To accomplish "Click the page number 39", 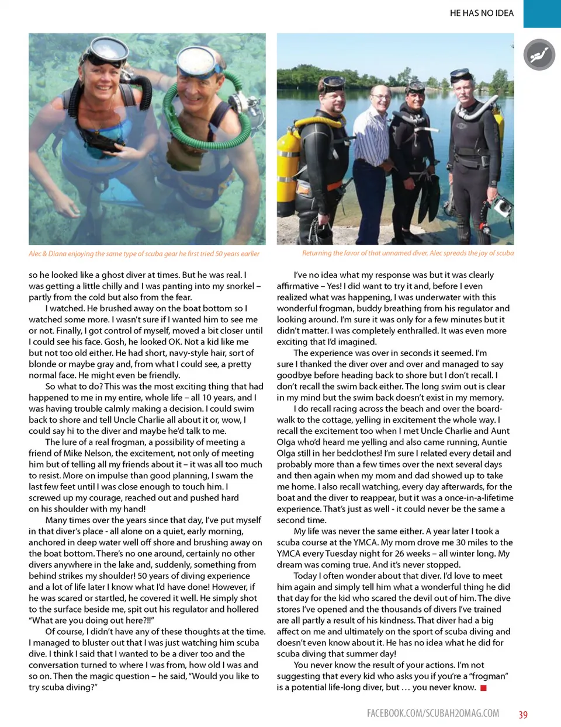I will point(523,714).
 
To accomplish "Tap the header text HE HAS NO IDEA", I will point(482,13).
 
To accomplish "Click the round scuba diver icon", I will point(539,55).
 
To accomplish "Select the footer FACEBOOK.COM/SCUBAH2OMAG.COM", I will point(433,713).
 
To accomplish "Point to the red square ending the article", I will point(483,688).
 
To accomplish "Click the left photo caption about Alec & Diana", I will point(144,253).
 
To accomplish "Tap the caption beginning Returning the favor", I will point(408,253).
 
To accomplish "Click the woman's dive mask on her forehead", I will point(105,54).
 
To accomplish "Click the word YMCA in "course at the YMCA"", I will point(366,542).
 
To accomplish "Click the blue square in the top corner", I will point(542,13).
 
